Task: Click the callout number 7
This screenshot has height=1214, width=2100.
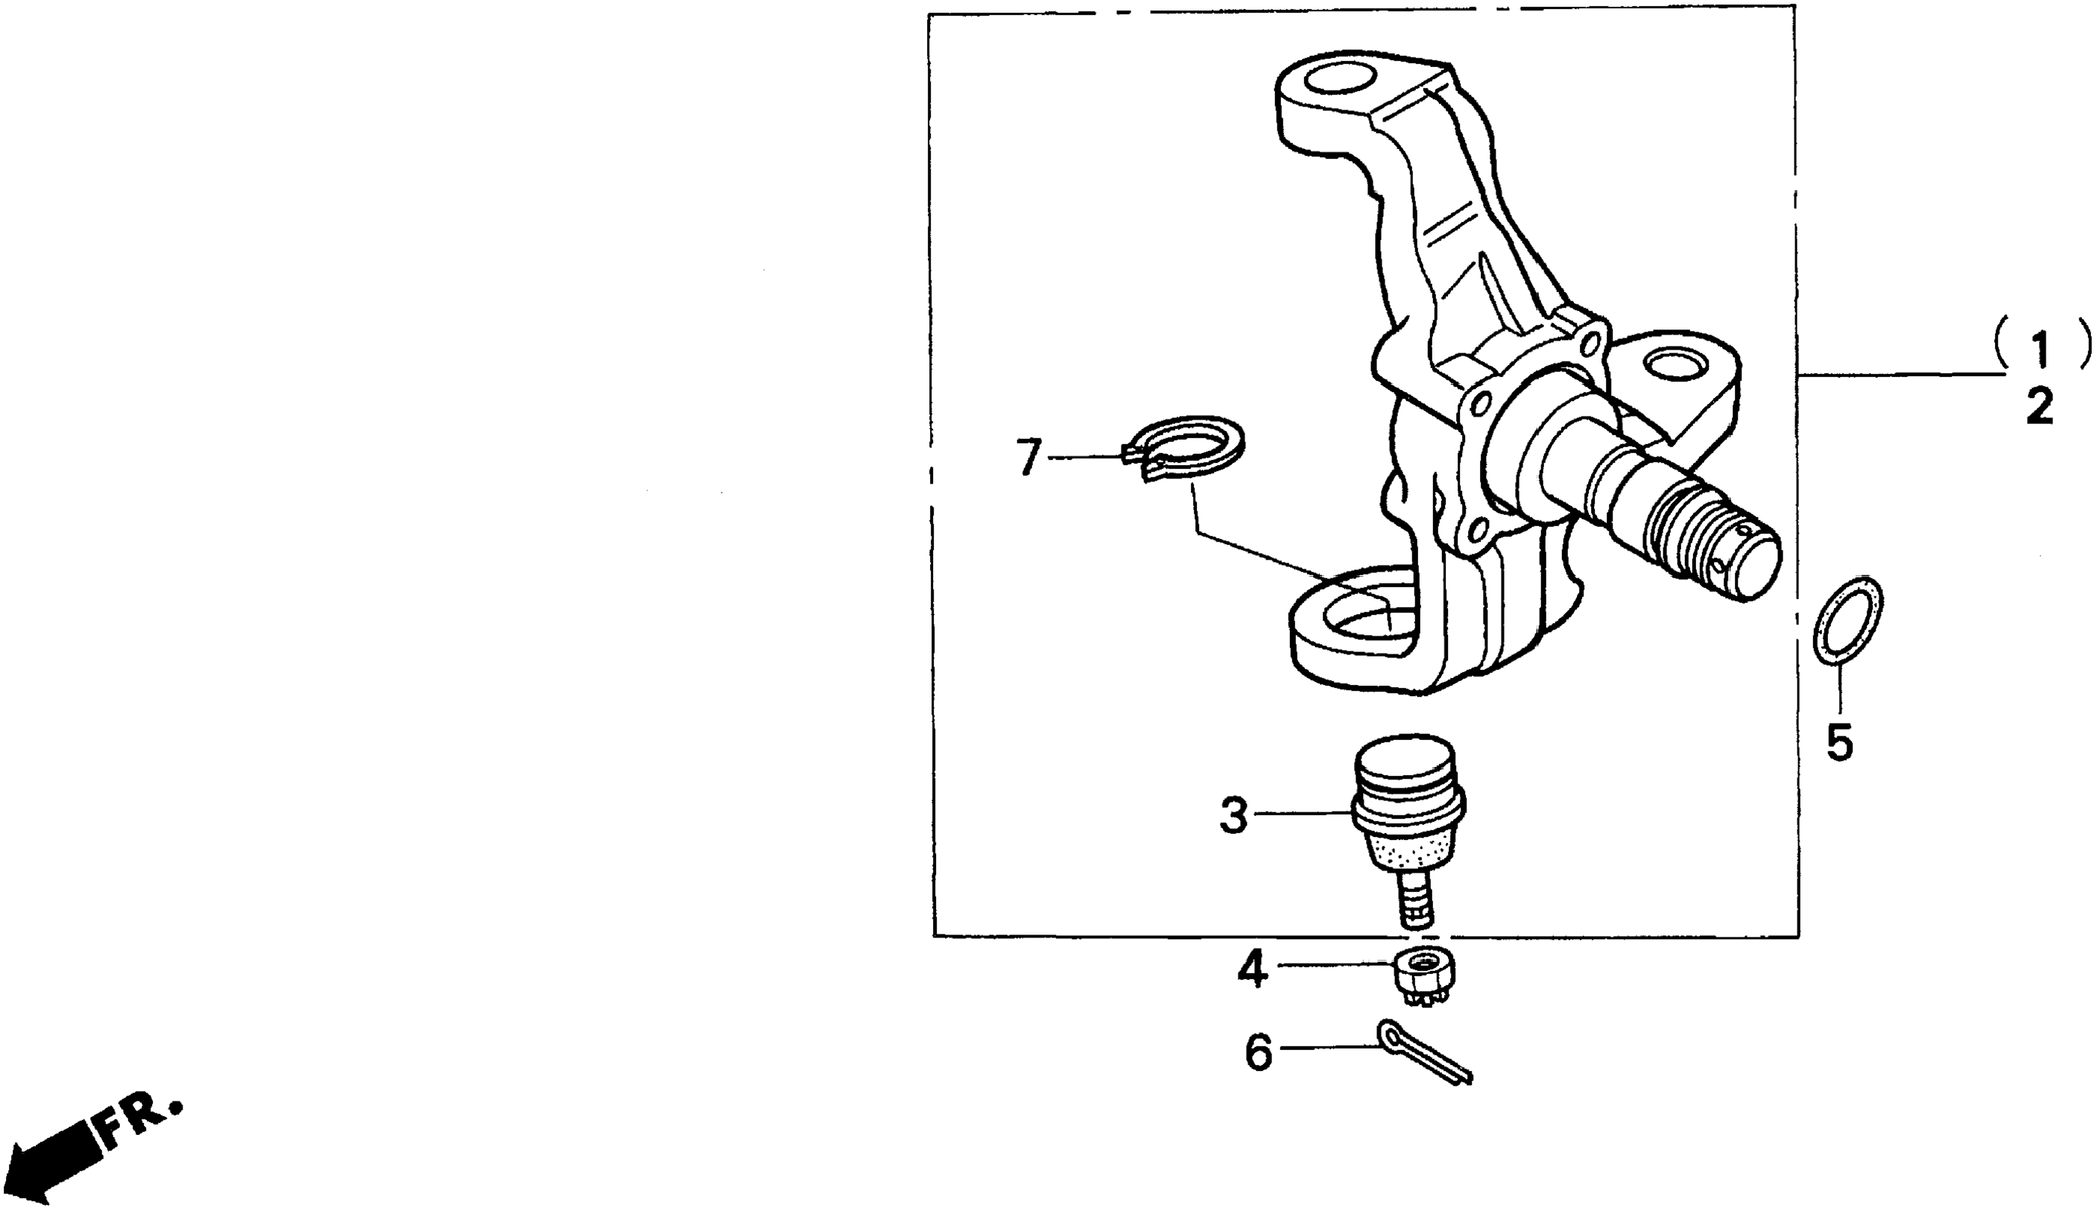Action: [x=1029, y=458]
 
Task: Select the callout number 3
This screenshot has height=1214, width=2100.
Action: [x=1234, y=817]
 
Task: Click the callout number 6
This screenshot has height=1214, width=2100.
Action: [x=1259, y=1052]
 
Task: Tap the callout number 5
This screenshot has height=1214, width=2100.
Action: [x=1839, y=742]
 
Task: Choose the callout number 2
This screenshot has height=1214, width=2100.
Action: [x=2040, y=408]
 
